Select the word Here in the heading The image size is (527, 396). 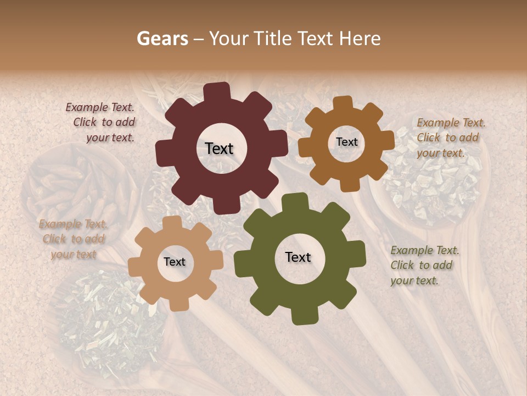click(x=360, y=38)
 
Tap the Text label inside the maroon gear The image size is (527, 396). click(x=219, y=148)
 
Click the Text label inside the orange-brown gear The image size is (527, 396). click(x=346, y=142)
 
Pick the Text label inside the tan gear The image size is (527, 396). click(x=174, y=262)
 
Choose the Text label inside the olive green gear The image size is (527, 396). click(x=298, y=257)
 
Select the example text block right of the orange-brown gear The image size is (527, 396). click(x=450, y=137)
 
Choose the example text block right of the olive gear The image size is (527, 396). click(x=424, y=265)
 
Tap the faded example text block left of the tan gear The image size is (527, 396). click(x=73, y=239)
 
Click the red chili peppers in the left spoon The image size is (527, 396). click(x=77, y=190)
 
